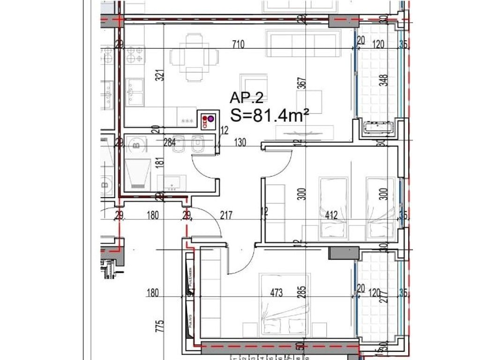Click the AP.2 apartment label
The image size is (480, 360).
coord(247,97)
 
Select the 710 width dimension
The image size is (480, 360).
coord(239,45)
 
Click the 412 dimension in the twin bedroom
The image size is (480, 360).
coord(332,215)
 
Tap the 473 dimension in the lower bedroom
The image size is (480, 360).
coord(277,293)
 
